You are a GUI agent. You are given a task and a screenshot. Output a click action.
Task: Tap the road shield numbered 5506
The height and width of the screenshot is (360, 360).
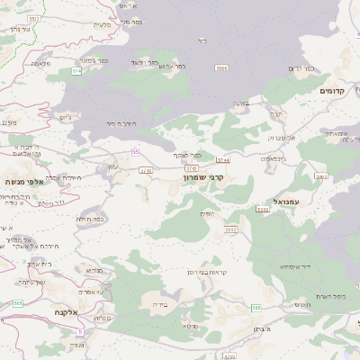[221, 67]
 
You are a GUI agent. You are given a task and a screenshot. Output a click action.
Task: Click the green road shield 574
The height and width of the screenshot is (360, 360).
[76, 70]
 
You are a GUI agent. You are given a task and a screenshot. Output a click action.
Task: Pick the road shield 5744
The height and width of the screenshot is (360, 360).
[222, 159]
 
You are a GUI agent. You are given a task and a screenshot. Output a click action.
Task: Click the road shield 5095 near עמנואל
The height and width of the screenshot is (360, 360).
[263, 209]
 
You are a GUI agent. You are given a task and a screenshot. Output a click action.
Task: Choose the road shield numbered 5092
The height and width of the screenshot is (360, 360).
[231, 229]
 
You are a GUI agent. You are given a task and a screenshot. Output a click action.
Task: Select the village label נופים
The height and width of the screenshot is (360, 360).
[207, 212]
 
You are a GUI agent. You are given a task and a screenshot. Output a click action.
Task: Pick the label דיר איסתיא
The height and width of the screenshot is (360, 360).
[295, 265]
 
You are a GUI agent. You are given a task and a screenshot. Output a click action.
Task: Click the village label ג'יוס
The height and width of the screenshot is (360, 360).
[64, 117]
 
